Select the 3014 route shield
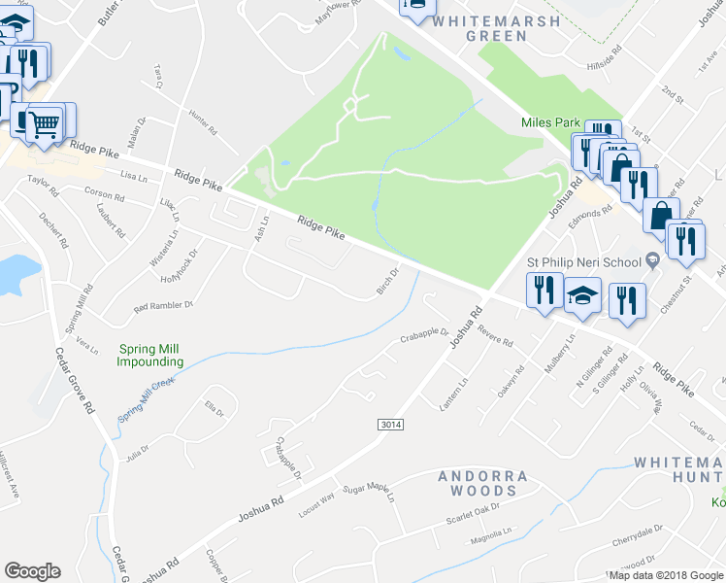click(x=390, y=426)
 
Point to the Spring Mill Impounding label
click(x=150, y=356)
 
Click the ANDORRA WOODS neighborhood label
click(x=482, y=484)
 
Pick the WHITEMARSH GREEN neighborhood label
click(x=496, y=28)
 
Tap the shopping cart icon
click(x=43, y=123)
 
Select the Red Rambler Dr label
click(x=164, y=306)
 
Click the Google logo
click(x=32, y=571)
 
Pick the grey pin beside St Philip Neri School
click(x=652, y=258)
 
